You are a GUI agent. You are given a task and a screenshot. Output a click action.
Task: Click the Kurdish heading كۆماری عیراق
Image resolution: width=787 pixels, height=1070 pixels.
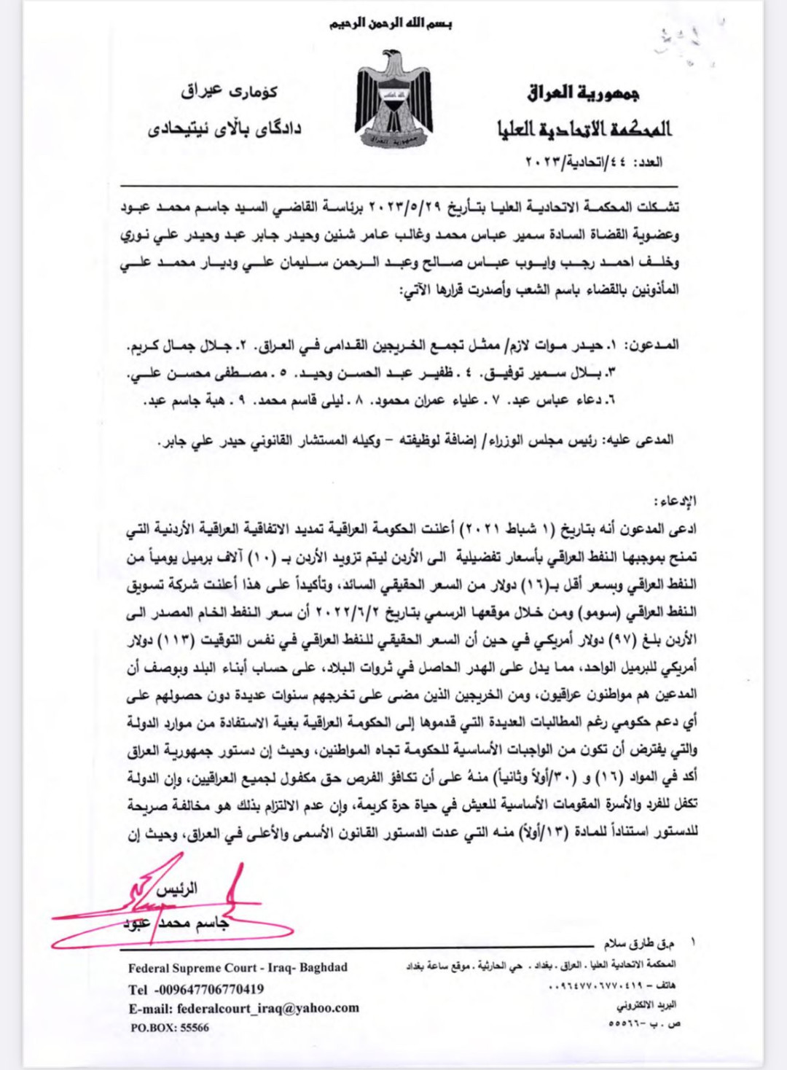coord(229,92)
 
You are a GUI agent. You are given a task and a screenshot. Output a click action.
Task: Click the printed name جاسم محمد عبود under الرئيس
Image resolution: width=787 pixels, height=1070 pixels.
coord(176,923)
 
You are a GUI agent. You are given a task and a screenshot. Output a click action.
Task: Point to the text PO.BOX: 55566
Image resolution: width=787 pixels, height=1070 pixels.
coord(168,1028)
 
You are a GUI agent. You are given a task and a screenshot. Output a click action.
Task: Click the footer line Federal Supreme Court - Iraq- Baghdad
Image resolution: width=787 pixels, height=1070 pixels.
coord(238,968)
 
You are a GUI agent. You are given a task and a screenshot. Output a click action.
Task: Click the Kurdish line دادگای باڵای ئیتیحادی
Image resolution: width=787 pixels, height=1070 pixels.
coord(224,130)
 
